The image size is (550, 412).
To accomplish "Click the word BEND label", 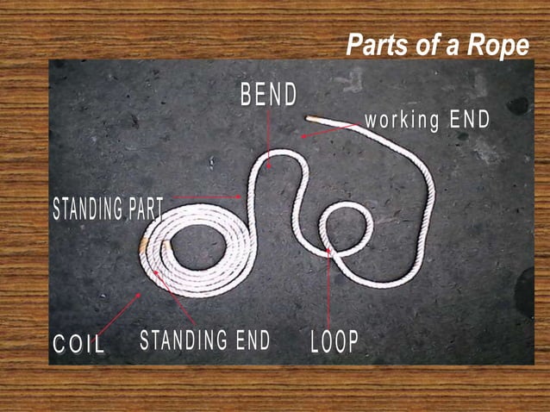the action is pos(269,95).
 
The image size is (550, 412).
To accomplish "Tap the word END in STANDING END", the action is pos(249,340).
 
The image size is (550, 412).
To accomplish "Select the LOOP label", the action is pos(334,342).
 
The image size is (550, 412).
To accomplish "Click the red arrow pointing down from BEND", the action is pos(270,138).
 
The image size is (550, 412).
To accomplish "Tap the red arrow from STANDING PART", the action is pos(207,197).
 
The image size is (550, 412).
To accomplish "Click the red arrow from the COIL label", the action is pos(120,315).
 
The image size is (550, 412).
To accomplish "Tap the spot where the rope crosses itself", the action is pos(329,251).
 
